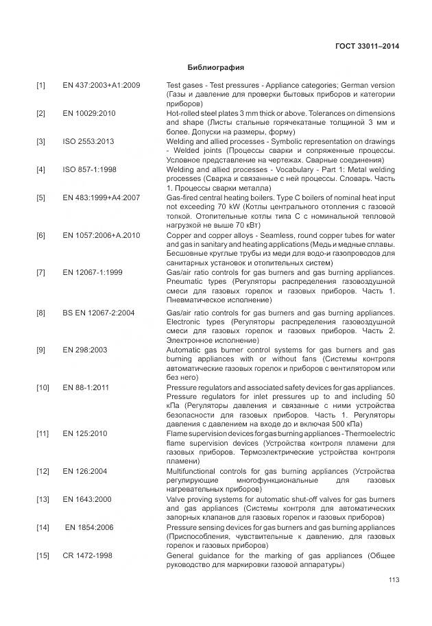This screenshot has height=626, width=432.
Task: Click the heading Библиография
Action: pos(215,68)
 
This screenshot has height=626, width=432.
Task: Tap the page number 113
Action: pos(393,580)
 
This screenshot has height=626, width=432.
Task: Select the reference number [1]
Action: pos(41,85)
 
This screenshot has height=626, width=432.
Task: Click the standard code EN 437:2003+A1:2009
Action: pos(101,85)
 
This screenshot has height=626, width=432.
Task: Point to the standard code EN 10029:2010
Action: pos(89,113)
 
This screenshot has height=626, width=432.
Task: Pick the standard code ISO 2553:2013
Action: pos(88,141)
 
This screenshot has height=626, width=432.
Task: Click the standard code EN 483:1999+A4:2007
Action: pos(101,197)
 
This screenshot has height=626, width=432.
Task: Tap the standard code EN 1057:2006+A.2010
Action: pos(101,235)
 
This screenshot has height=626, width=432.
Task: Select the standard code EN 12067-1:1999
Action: pos(93,272)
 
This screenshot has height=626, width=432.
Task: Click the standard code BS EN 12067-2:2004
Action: pos(99,313)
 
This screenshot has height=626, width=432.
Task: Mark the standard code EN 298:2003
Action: pos(85,350)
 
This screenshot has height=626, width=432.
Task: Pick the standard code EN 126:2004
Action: pos(85,472)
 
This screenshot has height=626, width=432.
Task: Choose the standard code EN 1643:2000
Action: pos(87,500)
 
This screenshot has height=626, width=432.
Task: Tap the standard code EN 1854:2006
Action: pos(89,528)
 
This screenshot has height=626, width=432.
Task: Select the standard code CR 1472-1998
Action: pos(88,555)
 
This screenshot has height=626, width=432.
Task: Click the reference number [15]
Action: pos(43,555)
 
